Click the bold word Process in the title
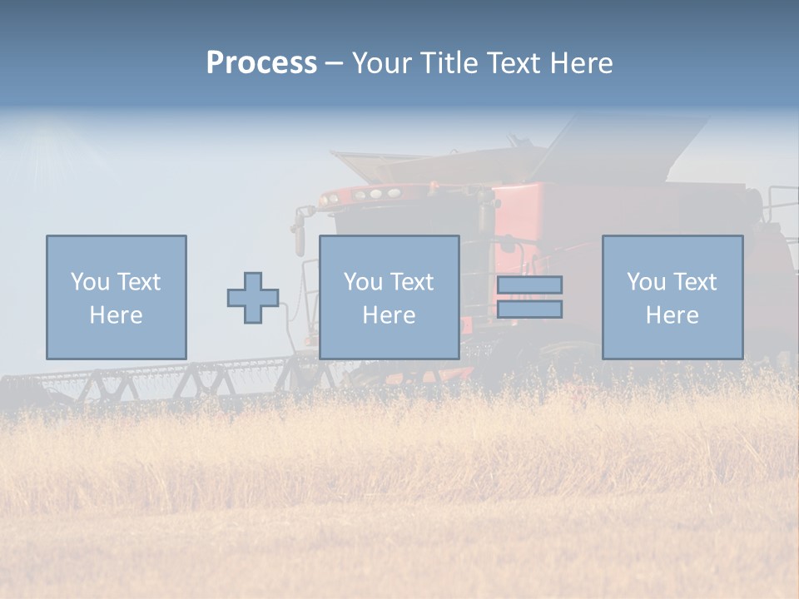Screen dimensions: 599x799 click(261, 63)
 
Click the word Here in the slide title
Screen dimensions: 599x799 click(582, 63)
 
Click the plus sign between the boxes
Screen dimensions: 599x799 click(253, 298)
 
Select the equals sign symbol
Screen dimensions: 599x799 click(529, 297)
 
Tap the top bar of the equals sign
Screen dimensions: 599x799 click(529, 285)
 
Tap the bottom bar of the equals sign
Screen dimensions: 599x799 click(529, 309)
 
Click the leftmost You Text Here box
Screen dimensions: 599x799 click(117, 297)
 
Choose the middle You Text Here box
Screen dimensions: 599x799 click(389, 297)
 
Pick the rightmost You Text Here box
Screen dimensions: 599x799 click(672, 297)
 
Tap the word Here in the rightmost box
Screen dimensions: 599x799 click(672, 315)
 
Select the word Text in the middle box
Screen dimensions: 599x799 click(412, 282)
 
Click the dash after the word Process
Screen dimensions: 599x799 click(335, 64)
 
